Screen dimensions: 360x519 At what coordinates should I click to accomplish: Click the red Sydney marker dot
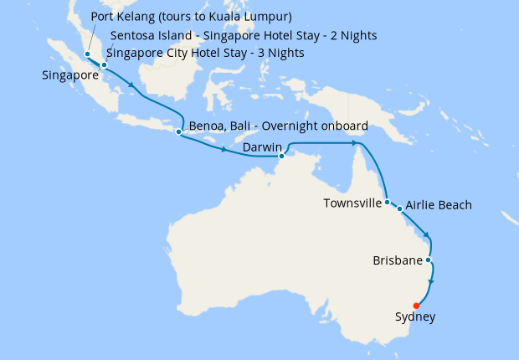(417, 306)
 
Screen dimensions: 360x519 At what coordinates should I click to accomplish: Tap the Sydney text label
(414, 317)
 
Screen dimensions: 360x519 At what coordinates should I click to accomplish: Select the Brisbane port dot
(429, 260)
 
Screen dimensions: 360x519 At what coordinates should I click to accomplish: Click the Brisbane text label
(397, 261)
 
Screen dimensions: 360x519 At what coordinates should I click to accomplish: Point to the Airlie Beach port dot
(400, 208)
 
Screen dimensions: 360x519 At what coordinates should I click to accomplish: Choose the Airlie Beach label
(439, 205)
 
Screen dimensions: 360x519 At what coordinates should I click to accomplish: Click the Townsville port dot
(387, 202)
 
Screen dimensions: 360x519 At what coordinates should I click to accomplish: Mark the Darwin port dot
(282, 155)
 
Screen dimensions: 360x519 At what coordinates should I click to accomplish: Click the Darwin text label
(260, 147)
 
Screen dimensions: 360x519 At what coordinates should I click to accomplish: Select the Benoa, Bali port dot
(178, 131)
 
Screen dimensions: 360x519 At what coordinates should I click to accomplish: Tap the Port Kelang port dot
(87, 54)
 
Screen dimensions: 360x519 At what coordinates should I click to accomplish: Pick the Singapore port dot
(104, 64)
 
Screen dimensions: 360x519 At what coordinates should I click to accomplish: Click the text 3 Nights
(280, 54)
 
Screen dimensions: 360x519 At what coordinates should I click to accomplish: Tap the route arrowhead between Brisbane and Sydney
(430, 285)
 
